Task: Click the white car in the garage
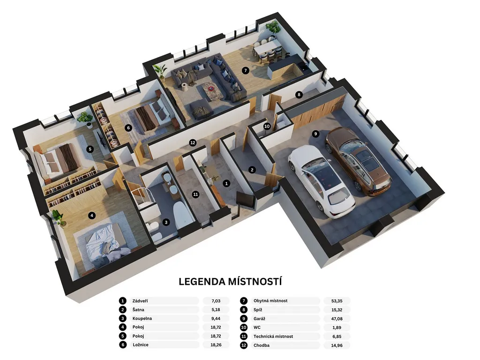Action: click(x=322, y=182)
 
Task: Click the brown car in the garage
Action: click(x=358, y=161)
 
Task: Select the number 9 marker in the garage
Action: click(x=315, y=134)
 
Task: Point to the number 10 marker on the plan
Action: click(x=267, y=126)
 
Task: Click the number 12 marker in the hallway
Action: click(x=193, y=142)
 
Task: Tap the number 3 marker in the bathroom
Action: click(x=166, y=222)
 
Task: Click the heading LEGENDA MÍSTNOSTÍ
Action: click(x=230, y=281)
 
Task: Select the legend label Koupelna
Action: click(x=142, y=318)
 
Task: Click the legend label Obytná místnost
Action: click(x=270, y=300)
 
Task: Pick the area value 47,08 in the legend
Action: click(x=337, y=319)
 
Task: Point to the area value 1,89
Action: click(x=337, y=328)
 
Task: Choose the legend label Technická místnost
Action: click(x=273, y=337)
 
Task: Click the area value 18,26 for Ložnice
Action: click(x=216, y=345)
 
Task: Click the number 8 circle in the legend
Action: click(x=244, y=310)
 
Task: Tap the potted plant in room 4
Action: click(x=58, y=217)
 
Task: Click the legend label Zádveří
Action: click(x=140, y=301)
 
